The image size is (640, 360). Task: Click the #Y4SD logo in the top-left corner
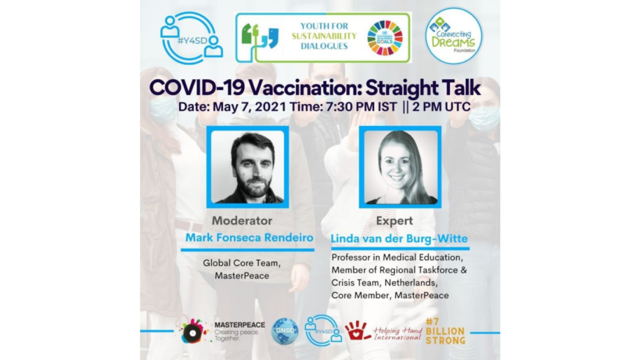(x=191, y=38)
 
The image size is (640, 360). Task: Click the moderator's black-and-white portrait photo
(x=248, y=166)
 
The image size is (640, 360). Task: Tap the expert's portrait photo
(x=400, y=166)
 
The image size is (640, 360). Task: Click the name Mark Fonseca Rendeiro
(x=249, y=238)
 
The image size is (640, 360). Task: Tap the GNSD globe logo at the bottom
(x=285, y=330)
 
